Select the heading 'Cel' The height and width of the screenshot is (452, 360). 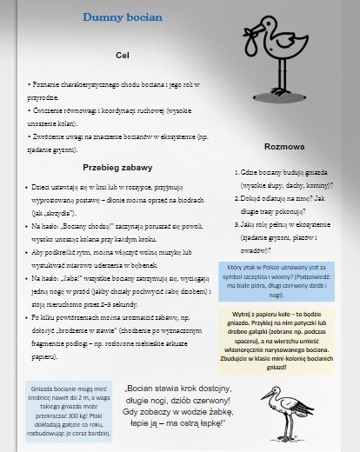click(123, 56)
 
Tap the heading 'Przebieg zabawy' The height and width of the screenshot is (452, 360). click(118, 167)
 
